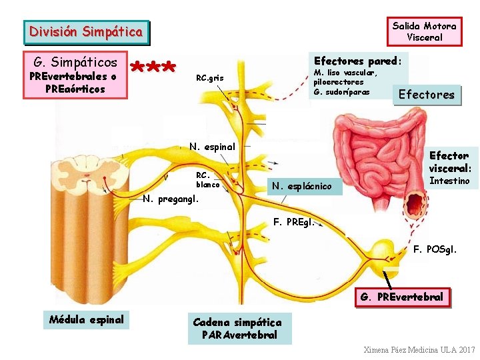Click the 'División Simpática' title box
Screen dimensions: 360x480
85,31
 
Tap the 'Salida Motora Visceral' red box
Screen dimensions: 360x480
424,31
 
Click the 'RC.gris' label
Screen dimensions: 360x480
210,79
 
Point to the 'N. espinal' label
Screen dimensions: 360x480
212,147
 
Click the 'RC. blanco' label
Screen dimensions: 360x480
207,179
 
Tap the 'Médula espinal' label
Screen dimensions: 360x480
87,319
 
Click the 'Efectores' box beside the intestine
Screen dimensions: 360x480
426,95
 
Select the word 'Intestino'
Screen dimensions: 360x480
449,181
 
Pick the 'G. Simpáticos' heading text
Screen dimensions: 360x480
75,63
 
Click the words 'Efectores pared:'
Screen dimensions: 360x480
357,61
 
